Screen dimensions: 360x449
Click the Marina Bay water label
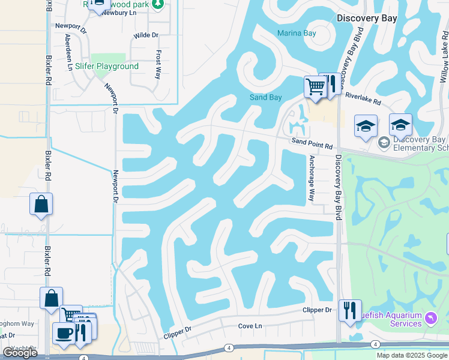click(297, 33)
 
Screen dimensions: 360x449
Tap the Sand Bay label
click(266, 97)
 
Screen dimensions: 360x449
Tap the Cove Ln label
click(250, 326)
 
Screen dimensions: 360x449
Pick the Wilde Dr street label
click(146, 35)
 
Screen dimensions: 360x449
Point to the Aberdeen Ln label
click(68, 52)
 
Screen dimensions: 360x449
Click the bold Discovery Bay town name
click(367, 18)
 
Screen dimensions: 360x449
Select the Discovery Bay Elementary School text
click(420, 144)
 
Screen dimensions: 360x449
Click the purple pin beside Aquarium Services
click(430, 317)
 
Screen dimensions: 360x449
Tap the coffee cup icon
click(63, 333)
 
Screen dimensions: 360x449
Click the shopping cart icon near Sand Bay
click(315, 86)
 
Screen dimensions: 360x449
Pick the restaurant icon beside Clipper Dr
click(350, 310)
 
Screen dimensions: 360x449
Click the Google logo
click(20, 353)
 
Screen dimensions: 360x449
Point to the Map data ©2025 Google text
click(412, 355)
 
